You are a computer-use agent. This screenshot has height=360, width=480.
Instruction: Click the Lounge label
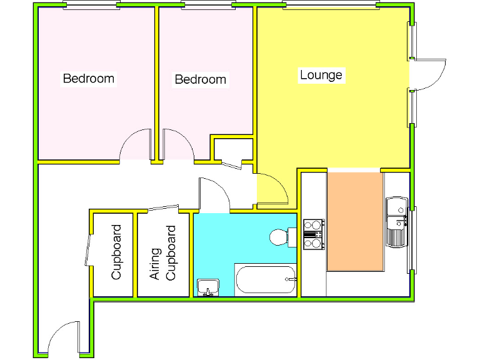(321, 75)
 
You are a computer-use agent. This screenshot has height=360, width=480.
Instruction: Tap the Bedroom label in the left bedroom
(88, 79)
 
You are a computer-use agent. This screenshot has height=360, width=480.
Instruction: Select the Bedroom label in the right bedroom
(200, 79)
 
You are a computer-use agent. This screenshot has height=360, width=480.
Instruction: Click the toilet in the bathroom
(281, 237)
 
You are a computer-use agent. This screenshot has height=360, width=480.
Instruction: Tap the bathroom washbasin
(207, 287)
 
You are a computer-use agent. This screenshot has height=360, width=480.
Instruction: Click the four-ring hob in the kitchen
(312, 234)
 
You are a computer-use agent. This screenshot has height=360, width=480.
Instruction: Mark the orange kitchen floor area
(355, 222)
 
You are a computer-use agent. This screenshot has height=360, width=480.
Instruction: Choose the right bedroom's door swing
(178, 146)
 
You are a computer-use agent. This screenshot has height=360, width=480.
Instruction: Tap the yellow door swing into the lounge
(271, 190)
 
